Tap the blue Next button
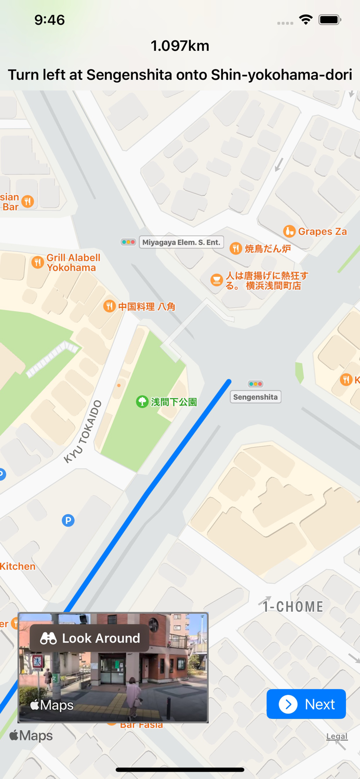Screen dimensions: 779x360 coord(306,704)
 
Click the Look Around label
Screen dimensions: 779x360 coord(90,638)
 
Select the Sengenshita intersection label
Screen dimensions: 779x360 coord(256,397)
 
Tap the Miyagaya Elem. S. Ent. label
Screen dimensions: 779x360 coord(181,242)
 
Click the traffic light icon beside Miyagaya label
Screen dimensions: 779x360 coord(128,242)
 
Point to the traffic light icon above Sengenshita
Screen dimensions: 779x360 coord(255,384)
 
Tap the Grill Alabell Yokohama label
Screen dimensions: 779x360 coord(73,262)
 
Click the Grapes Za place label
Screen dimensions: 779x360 coord(322,231)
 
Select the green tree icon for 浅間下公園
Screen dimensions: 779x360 coord(142,401)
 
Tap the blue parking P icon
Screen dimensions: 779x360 coord(68,520)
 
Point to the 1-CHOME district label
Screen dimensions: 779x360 coord(293,607)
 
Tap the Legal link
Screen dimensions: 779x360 coord(337,736)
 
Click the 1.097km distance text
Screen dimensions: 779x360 coord(180,46)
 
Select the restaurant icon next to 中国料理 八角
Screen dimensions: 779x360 coord(109,306)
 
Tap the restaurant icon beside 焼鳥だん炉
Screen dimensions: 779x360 coord(236,248)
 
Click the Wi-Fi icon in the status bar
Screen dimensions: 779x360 coord(305,20)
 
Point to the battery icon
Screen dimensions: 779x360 coord(329,20)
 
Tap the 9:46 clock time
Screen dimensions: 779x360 coord(49,20)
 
